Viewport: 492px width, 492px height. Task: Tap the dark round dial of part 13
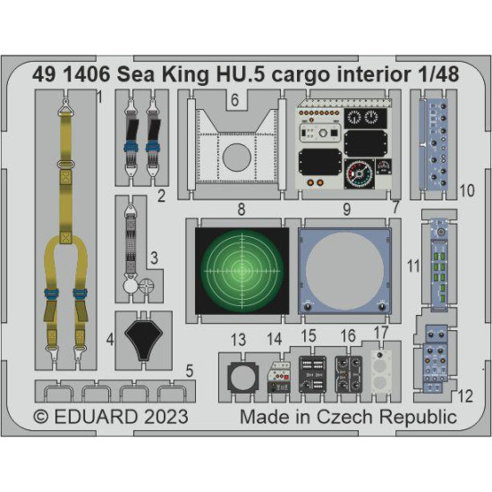click(238, 377)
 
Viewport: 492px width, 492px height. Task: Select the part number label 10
click(466, 190)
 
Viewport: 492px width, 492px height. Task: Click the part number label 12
click(465, 395)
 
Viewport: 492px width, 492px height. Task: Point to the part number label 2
click(161, 193)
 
